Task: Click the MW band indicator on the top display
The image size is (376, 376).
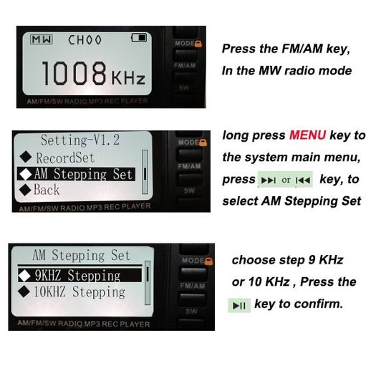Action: [x=42, y=39]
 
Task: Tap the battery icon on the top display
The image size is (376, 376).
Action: [x=139, y=38]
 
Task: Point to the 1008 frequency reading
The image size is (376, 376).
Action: [x=74, y=73]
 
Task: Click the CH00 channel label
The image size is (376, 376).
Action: [x=85, y=40]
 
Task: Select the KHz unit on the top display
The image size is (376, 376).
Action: [x=128, y=77]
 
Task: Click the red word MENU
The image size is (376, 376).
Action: [x=308, y=135]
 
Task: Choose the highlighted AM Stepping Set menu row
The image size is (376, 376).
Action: [x=77, y=174]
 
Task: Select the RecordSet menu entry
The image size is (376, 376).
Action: [x=57, y=158]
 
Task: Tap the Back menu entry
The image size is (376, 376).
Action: [x=39, y=190]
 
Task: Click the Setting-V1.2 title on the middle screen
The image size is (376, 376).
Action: [x=80, y=140]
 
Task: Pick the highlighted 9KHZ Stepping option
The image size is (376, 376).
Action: [x=79, y=275]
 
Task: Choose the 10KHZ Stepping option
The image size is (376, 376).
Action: [x=72, y=292]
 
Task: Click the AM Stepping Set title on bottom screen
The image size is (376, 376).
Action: [x=82, y=255]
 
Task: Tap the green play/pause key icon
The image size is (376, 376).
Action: [x=239, y=306]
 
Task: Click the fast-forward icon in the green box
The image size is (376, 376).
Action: [x=269, y=180]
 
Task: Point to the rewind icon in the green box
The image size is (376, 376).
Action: [x=303, y=180]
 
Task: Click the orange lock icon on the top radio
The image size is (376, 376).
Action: [x=198, y=44]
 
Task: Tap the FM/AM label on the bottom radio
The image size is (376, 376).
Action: [x=193, y=286]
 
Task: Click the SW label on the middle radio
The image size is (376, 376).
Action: [x=189, y=191]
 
